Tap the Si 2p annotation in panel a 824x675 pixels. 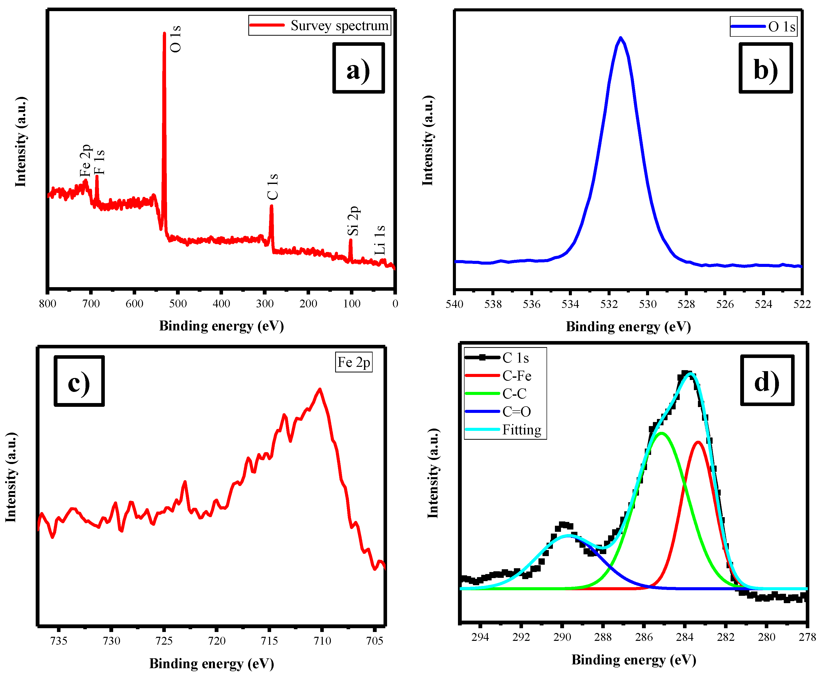353,221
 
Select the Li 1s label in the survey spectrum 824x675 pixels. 380,240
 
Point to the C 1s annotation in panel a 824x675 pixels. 273,187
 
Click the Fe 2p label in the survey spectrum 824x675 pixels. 85,161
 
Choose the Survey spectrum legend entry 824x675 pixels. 320,26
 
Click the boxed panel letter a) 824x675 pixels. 358,68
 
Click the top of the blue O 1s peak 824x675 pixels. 620,38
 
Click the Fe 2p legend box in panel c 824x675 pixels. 354,362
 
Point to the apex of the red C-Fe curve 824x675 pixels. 698,442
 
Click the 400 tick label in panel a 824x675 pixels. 221,304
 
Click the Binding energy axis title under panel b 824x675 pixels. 628,327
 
